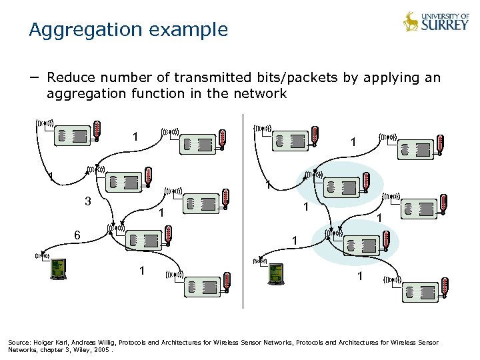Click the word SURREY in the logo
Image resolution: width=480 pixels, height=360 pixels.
point(445,26)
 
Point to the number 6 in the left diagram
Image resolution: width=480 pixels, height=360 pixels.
point(77,235)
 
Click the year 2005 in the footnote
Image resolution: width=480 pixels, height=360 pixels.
point(100,349)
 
